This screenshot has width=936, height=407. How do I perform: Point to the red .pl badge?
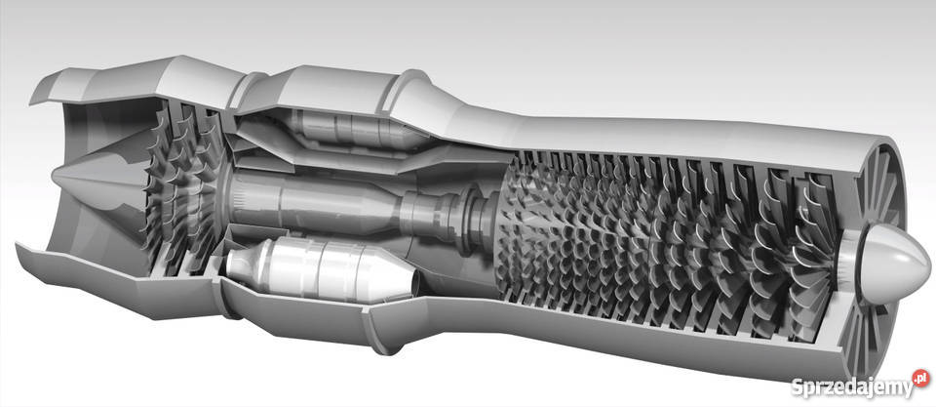click(919, 377)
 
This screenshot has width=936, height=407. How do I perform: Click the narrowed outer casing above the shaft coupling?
click(458, 117)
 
